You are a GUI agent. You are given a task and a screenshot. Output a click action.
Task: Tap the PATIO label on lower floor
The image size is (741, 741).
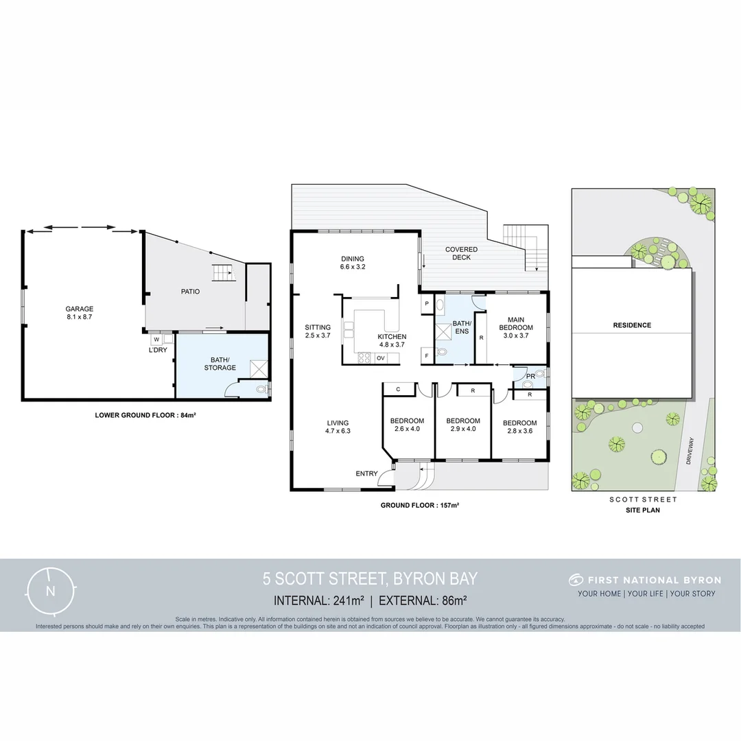(191, 292)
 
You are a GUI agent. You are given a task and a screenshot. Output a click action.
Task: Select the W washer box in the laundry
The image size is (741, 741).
(156, 339)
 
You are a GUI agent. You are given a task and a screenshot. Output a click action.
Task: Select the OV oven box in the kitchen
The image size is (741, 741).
(381, 358)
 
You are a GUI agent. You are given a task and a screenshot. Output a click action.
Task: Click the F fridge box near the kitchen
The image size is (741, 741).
(426, 355)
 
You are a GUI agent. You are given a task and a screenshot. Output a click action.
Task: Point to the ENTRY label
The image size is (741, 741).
(366, 474)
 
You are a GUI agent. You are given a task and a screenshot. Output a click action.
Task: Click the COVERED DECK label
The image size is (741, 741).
(461, 253)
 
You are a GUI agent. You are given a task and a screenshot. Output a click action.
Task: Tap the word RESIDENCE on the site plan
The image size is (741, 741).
(632, 325)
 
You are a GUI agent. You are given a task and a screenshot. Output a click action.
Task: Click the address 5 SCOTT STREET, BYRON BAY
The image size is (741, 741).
(370, 579)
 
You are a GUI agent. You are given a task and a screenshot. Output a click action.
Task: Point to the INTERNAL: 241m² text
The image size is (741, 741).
(318, 601)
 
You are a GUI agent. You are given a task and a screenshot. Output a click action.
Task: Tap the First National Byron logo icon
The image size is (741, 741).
(575, 580)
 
